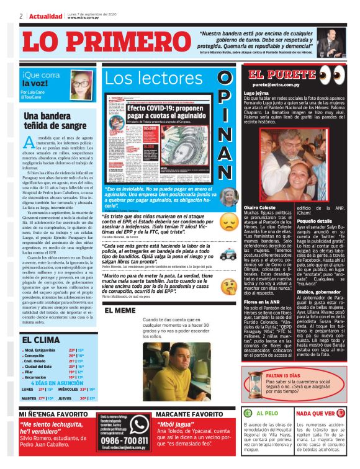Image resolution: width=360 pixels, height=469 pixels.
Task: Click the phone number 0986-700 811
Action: click(124, 437)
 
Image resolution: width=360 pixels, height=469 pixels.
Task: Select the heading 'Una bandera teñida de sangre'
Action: click(55, 120)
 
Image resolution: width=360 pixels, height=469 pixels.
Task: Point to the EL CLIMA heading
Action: click(42, 340)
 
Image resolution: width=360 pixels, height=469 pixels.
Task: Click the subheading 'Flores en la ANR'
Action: click(263, 301)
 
